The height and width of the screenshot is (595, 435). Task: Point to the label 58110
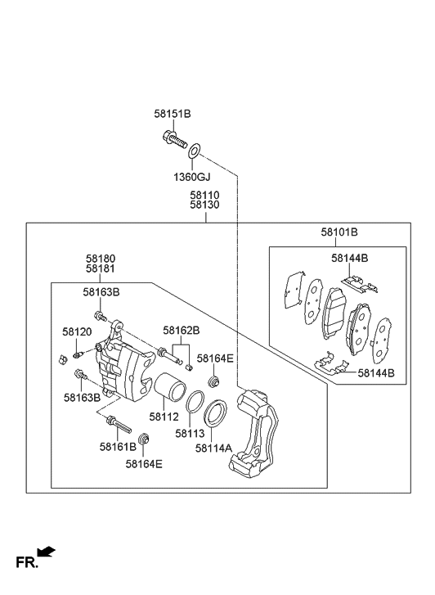(204, 196)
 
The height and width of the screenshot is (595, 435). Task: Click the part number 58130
(204, 206)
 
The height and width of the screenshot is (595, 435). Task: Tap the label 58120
(77, 331)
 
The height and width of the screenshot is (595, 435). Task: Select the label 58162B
(181, 331)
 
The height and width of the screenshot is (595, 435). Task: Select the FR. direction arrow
(47, 553)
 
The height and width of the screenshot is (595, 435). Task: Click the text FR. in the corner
(27, 563)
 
